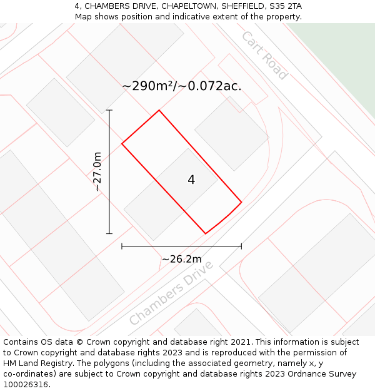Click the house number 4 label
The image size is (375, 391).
pos(191,180)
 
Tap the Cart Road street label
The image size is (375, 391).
pos(264,55)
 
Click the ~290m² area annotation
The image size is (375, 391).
pos(181,86)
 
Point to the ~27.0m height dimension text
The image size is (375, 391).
pos(97,171)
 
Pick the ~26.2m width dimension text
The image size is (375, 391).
pos(181,259)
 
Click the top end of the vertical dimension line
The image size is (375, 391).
pos(109,110)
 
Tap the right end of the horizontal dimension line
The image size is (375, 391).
pos(241,246)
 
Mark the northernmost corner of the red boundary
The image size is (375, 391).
pos(159,111)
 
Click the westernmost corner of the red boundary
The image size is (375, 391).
pos(122,144)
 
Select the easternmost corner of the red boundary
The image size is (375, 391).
pos(241,202)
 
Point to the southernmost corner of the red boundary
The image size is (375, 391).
pos(206,234)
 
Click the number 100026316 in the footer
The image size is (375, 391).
pos(26,385)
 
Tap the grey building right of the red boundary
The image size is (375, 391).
pos(231,133)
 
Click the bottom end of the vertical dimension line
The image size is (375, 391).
pos(109,233)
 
